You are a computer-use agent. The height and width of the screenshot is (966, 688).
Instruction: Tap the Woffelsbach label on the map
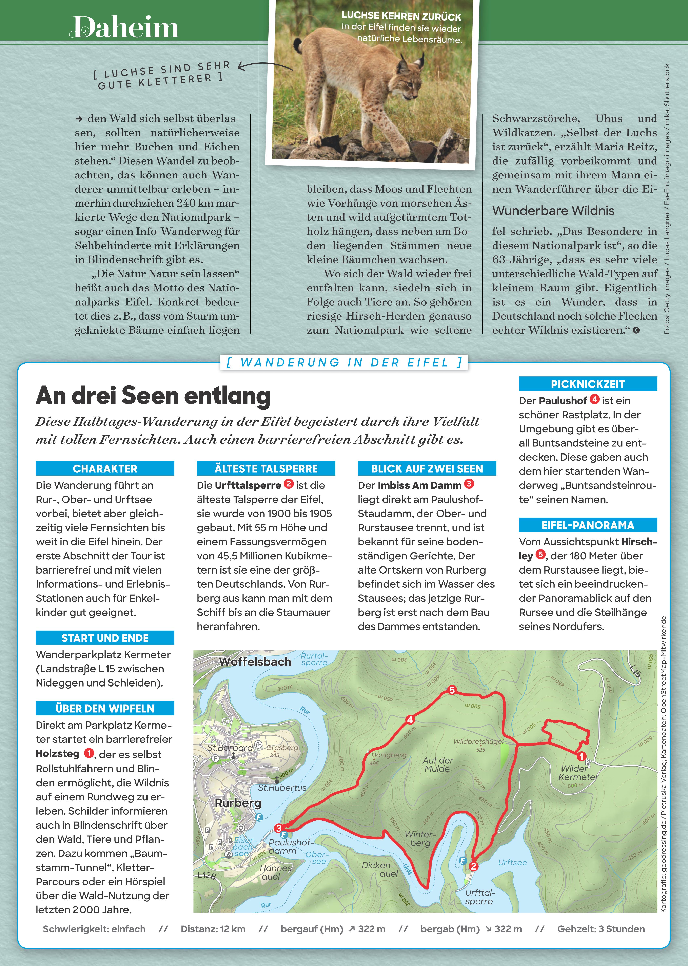255,662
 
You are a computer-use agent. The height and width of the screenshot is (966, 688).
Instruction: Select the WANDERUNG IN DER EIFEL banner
344,362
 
